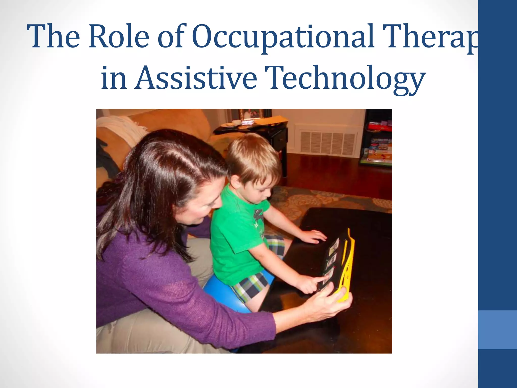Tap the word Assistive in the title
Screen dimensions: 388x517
point(196,77)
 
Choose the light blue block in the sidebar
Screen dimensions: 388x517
point(497,330)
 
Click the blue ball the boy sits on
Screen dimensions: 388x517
point(222,293)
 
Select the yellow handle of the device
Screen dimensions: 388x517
point(347,268)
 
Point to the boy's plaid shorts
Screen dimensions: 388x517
point(250,285)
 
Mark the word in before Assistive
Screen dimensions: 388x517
point(114,77)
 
